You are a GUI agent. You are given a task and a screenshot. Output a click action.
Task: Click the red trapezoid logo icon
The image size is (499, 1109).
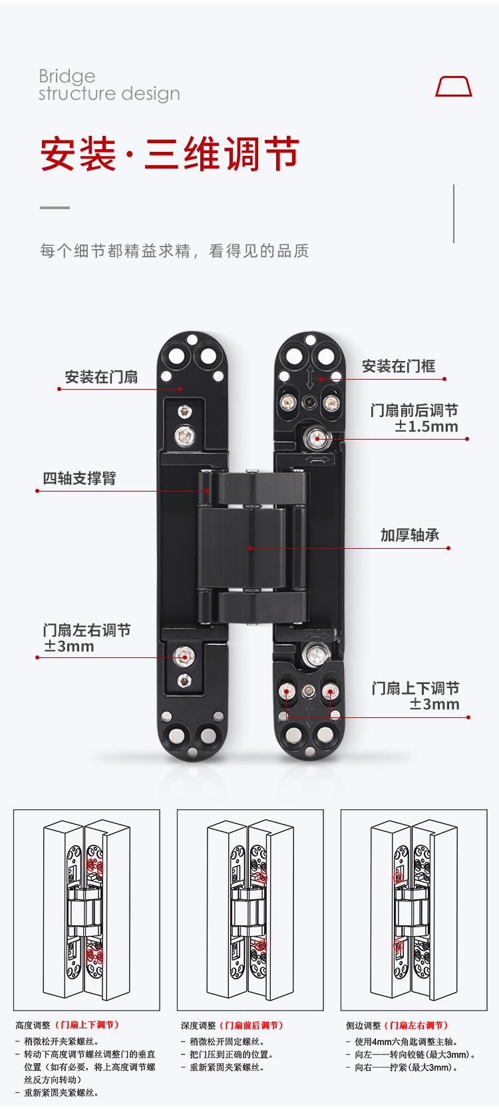454,87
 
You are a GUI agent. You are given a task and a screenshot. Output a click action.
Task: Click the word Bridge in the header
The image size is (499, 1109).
67,76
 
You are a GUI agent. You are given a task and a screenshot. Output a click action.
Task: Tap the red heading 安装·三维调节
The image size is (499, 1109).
170,155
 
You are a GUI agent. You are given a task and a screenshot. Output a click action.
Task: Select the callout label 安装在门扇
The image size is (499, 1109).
101,377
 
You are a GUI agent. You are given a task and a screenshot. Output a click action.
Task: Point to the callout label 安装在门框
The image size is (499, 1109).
398,366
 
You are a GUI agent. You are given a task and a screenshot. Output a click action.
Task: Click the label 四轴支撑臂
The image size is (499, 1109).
79,478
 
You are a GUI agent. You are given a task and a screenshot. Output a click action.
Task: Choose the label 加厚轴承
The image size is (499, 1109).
410,535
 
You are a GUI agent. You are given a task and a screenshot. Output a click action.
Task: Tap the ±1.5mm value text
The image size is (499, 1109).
426,427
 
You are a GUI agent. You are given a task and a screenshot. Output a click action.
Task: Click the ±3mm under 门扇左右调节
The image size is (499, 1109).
69,647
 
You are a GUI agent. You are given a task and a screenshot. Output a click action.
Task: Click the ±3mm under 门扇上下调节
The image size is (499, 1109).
434,705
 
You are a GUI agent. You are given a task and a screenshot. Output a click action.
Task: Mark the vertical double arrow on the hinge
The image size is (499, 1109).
309,378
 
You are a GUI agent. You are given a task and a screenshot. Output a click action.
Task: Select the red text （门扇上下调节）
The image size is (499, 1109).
87,1025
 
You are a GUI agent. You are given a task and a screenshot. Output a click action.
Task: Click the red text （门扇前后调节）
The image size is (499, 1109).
251,1025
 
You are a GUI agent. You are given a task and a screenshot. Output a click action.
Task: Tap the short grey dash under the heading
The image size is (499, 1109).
55,208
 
